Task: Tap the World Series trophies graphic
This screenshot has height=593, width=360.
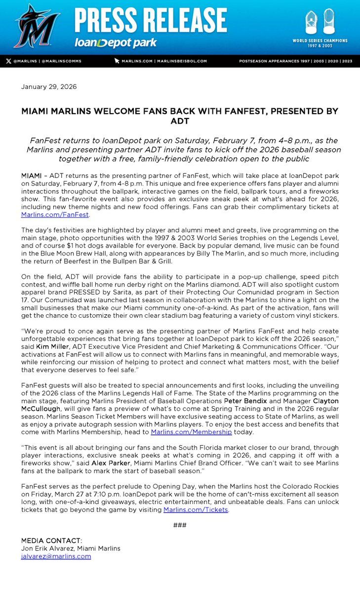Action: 325,23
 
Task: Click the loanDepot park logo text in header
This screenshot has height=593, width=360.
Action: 116,43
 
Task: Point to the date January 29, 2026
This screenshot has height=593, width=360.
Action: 49,87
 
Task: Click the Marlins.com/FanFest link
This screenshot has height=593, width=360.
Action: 55,215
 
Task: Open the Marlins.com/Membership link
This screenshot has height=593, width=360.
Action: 191,432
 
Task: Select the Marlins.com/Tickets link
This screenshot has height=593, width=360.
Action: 204,509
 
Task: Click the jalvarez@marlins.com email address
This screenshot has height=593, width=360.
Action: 56,556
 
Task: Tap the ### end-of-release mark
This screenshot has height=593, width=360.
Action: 180,525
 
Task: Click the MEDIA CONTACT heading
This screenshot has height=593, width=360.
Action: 52,540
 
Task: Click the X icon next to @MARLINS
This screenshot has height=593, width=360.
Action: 8,61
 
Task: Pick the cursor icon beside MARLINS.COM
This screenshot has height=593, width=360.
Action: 117,61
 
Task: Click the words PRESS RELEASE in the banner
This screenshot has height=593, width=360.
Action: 150,21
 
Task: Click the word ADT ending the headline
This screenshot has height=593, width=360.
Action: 180,121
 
